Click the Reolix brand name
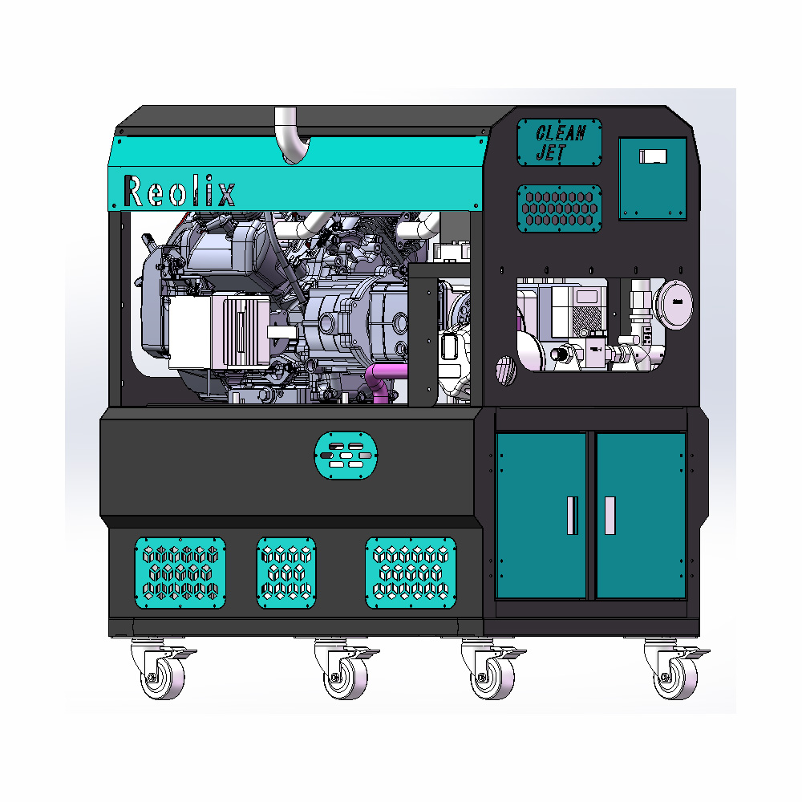(x=179, y=192)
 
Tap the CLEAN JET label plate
(x=559, y=142)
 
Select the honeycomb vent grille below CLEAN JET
(x=559, y=209)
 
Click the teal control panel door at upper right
(x=653, y=179)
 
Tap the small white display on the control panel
(x=653, y=156)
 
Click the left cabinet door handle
(x=573, y=516)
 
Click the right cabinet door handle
(x=610, y=516)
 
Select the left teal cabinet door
(x=541, y=516)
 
